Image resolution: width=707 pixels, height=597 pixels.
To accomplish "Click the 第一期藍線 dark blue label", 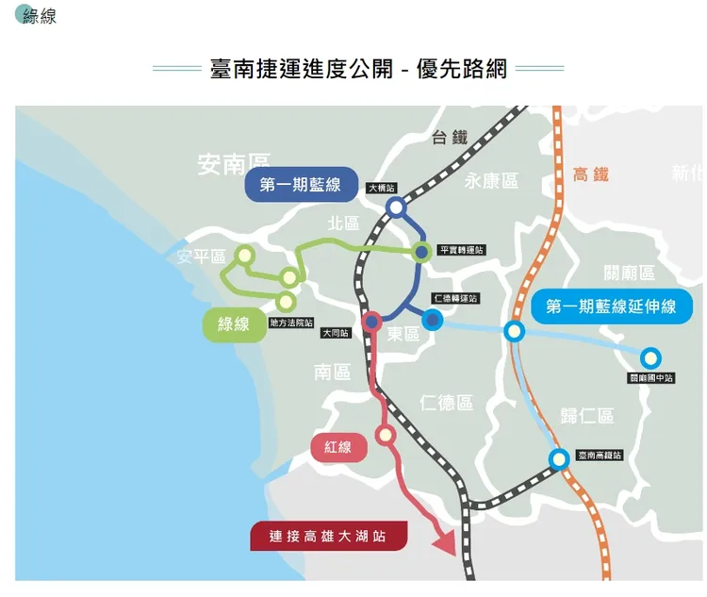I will coord(300,185).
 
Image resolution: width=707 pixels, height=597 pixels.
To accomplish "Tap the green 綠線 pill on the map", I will coord(234,324).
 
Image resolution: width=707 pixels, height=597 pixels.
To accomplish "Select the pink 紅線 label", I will coord(338,447).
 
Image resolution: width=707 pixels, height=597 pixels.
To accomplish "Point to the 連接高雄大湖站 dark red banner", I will coord(328,537).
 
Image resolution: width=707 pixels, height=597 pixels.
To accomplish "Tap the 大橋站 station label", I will coord(382,189).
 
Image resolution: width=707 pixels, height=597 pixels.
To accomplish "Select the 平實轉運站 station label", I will coord(462,250).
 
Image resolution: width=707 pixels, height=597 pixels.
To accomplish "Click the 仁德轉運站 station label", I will coord(455,299).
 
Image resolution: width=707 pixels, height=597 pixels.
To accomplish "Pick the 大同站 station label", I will coord(335,333).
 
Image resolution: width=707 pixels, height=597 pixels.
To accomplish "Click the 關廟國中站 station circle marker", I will coord(649,358).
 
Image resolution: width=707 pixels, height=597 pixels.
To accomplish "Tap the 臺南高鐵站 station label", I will coord(600,456).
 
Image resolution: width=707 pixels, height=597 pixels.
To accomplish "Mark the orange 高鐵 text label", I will coord(591,174).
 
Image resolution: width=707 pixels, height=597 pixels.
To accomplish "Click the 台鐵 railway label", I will coord(449,138).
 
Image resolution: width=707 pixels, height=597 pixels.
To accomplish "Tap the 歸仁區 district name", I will coord(586,416).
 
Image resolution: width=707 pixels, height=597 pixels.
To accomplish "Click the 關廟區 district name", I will coord(629,274).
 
